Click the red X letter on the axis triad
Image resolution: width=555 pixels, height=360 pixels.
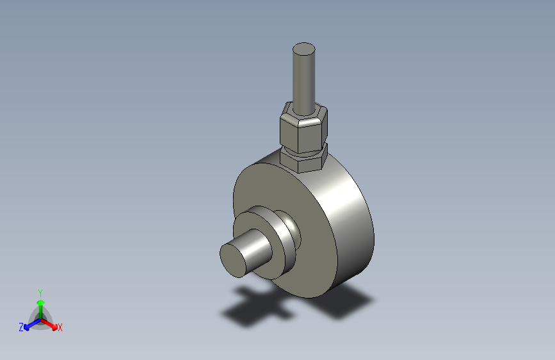point(60,327)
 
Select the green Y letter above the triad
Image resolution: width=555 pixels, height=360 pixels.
point(40,292)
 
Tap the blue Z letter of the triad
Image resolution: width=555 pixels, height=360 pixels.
point(21,327)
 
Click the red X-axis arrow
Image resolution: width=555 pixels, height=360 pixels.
point(51,323)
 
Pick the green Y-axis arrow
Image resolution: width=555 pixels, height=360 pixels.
point(40,304)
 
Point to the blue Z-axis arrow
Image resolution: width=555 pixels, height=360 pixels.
point(29,323)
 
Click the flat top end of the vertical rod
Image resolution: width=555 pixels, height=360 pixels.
point(303,49)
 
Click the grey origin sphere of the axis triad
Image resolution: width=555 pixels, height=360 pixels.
point(40,318)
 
